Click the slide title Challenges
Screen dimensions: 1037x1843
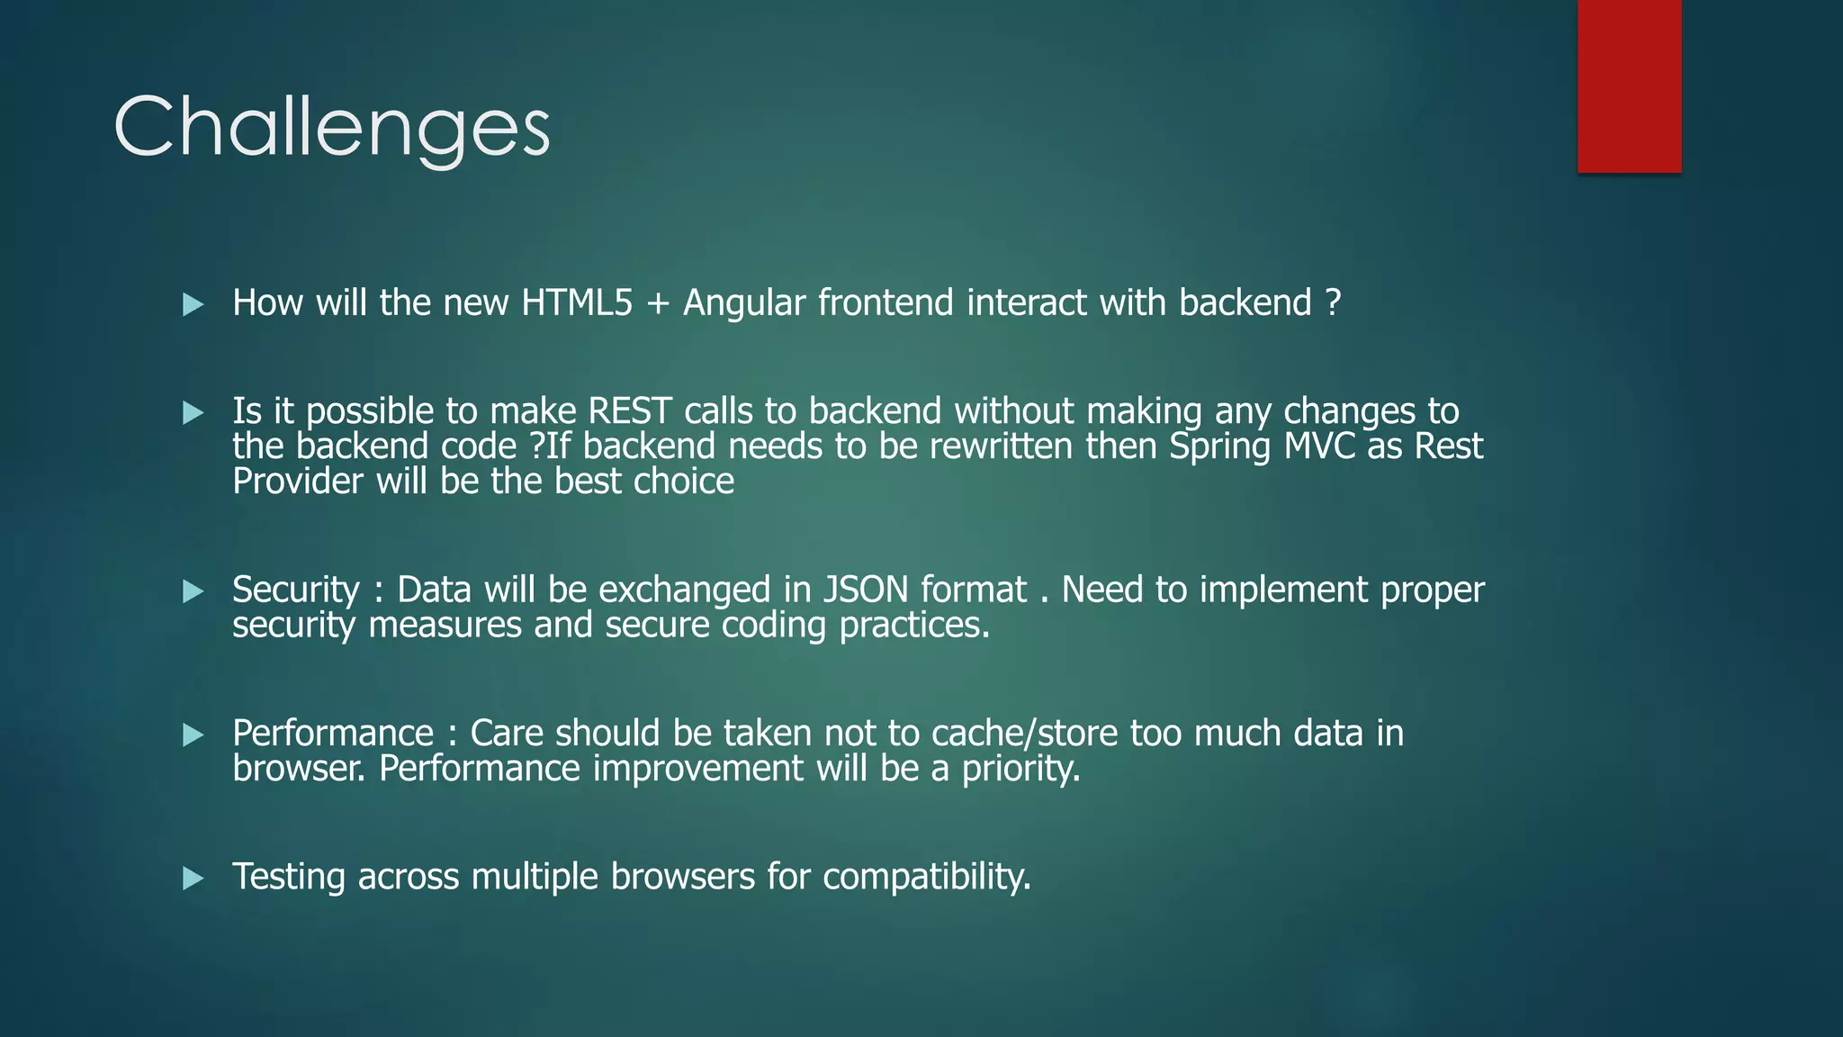tap(331, 128)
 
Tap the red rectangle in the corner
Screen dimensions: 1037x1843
tap(1629, 86)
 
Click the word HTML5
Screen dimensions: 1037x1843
tap(577, 303)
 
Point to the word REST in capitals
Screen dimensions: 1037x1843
tap(629, 411)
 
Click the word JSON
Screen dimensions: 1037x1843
tap(866, 591)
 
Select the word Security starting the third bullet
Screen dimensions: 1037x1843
tap(295, 591)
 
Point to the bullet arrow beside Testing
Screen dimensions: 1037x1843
tap(193, 879)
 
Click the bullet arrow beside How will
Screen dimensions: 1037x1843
tap(193, 304)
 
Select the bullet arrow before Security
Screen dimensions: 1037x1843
tap(193, 591)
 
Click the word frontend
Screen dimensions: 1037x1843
tap(885, 303)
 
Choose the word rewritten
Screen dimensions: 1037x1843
tap(1001, 446)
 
